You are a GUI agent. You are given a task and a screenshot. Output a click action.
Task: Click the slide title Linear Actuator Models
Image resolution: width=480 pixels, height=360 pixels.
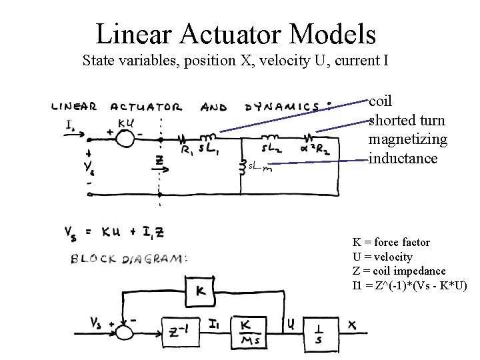tap(236, 34)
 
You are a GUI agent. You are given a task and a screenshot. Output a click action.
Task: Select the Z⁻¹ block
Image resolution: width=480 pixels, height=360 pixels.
tap(179, 329)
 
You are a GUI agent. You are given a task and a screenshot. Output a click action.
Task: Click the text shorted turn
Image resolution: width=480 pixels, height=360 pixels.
tap(407, 121)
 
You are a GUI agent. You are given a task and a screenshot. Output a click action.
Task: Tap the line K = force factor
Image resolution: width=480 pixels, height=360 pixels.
tap(391, 242)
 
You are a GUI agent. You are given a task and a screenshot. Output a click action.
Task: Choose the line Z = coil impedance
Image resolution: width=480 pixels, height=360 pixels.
tap(399, 271)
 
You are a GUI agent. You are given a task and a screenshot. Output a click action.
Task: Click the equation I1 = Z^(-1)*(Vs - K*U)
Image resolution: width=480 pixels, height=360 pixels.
tap(409, 286)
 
